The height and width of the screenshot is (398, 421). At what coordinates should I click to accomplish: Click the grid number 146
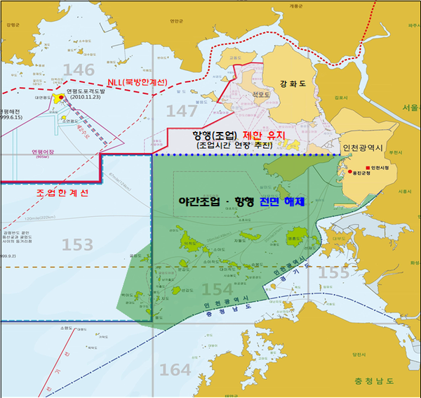[78, 69]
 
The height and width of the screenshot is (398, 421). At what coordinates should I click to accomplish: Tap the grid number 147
[182, 110]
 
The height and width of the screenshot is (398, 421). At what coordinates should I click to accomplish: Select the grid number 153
[77, 244]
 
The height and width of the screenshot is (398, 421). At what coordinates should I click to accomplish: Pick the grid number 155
[332, 272]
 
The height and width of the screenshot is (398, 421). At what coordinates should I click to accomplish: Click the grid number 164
[175, 369]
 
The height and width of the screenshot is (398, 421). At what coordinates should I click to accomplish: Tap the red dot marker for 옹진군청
[349, 172]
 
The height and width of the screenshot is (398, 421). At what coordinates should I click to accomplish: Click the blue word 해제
[290, 201]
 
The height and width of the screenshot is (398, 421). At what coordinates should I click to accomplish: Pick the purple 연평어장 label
[44, 151]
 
